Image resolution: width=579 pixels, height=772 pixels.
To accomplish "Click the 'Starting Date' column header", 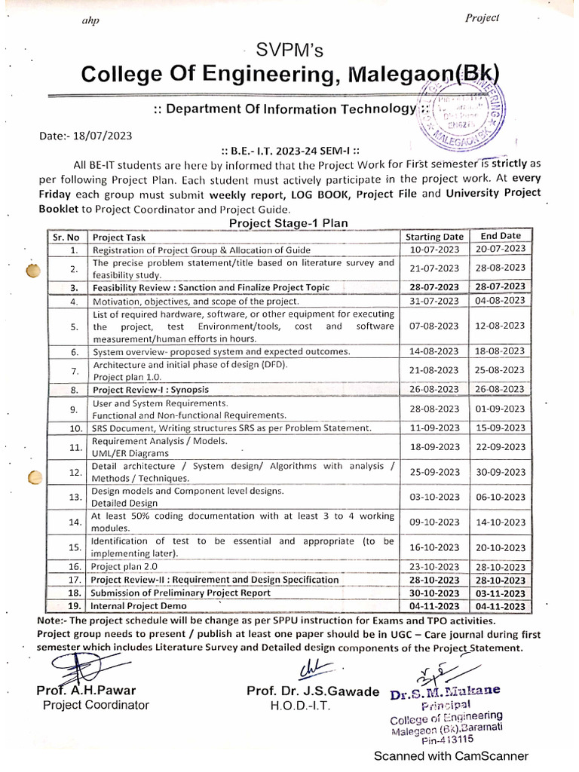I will tap(434, 237).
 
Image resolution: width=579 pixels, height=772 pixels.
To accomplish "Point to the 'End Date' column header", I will tap(501, 236).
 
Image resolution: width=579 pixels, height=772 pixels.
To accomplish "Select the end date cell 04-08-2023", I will tap(501, 300).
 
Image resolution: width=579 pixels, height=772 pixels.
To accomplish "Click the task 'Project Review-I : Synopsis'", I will tap(151, 390).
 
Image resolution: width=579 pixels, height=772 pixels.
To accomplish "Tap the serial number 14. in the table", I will tap(74, 522).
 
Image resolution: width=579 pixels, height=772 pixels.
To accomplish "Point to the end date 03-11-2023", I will tap(501, 593).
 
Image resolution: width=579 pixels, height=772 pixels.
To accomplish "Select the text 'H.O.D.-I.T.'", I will tap(300, 706).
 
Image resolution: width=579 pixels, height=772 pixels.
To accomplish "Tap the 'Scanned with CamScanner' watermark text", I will tap(452, 756).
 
